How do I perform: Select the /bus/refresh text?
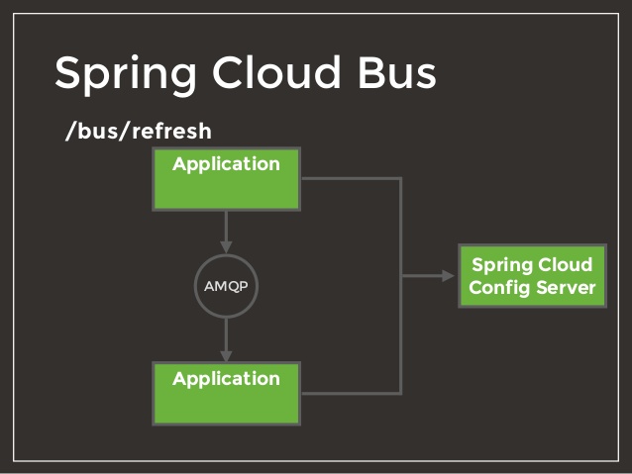[x=138, y=132]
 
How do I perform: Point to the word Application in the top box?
[x=226, y=164]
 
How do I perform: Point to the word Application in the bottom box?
[x=226, y=379]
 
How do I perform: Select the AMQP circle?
[x=226, y=286]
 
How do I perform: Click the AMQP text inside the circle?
[x=226, y=287]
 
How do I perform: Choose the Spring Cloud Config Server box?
[x=532, y=276]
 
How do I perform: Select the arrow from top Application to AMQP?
[x=226, y=230]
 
